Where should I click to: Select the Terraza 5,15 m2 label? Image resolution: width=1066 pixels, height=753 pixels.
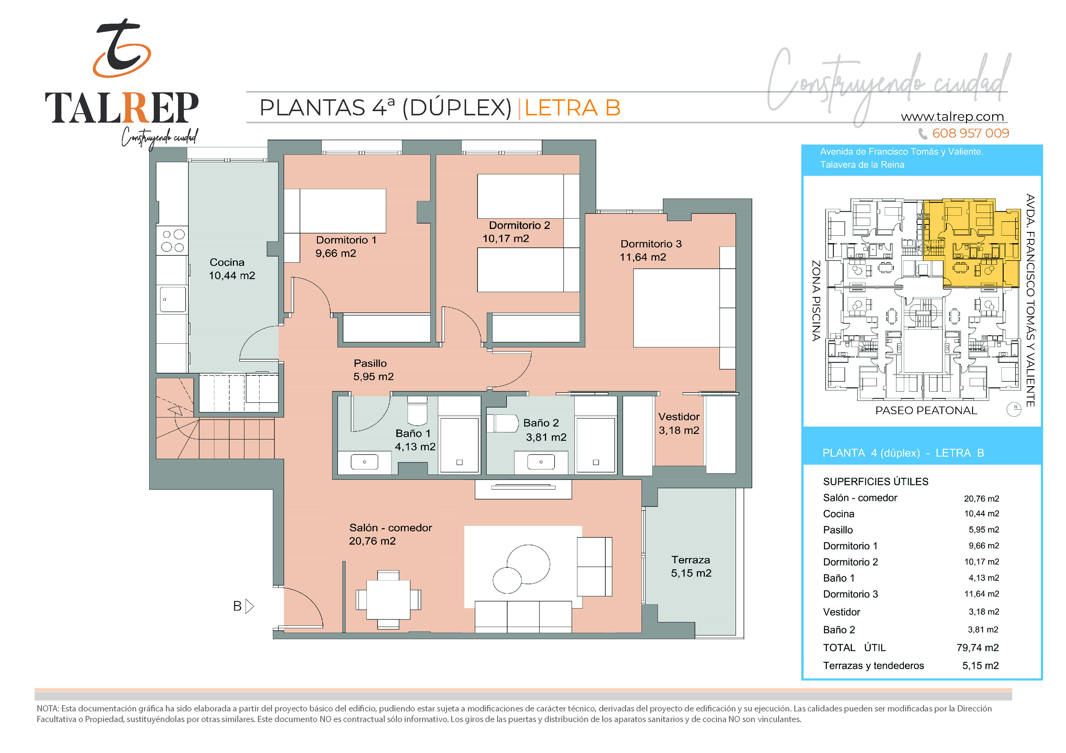(x=691, y=567)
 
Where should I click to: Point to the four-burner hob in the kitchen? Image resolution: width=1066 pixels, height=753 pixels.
(x=173, y=240)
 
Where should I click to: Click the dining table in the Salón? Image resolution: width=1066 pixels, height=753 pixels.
(x=388, y=599)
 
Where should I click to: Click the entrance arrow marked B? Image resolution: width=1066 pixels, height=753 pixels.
(x=249, y=606)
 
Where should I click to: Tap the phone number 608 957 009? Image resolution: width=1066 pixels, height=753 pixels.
(x=970, y=134)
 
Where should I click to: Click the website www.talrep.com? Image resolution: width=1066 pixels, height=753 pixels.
(x=952, y=117)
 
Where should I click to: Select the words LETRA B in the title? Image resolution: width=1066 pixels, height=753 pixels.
(x=573, y=108)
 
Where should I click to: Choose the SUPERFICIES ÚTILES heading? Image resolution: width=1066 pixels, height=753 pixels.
(x=876, y=482)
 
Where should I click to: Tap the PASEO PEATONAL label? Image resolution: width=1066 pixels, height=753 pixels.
(x=926, y=411)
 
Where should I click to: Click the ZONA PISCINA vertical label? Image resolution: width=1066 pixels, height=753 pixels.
(x=816, y=301)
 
